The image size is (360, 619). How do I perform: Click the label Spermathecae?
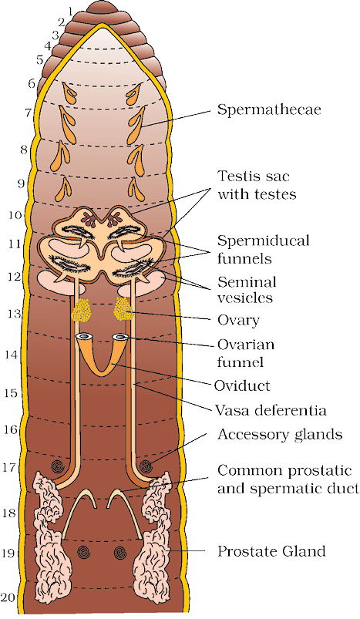tap(269, 109)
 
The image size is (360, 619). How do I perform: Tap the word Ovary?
tap(238, 320)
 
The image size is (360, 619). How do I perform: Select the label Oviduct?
tap(242, 385)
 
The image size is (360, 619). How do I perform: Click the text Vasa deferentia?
tap(271, 410)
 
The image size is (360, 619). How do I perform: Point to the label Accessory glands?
tap(280, 434)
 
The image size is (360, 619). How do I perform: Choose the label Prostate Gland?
tap(271, 550)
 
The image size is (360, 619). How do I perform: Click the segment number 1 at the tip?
tap(71, 12)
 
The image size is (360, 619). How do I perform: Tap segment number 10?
tap(15, 215)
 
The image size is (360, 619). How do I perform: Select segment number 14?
tap(12, 355)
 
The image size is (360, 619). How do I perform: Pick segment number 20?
tap(9, 597)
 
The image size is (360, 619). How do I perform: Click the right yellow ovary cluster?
tap(123, 308)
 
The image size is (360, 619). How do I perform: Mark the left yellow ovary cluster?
tap(81, 310)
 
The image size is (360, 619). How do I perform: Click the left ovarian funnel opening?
tap(83, 337)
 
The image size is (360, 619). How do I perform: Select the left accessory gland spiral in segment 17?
tap(58, 467)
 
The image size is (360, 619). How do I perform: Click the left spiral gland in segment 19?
tap(84, 552)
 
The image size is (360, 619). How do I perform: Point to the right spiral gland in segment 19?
tap(120, 552)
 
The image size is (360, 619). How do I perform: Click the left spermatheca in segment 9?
tap(63, 189)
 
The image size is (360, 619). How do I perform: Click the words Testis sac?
tap(254, 176)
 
